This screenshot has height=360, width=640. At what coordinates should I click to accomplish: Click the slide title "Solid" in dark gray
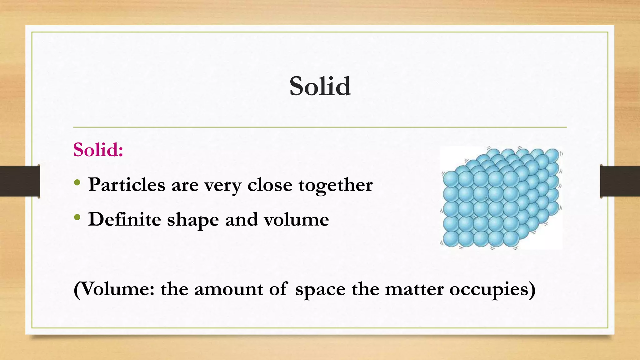320,86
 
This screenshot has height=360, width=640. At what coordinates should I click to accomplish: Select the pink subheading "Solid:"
98,150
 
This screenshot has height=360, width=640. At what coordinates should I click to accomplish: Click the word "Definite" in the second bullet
124,219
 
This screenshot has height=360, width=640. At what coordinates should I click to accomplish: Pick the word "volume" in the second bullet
296,219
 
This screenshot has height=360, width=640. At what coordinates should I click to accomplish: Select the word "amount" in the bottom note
228,289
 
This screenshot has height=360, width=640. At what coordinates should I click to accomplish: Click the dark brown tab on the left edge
20,181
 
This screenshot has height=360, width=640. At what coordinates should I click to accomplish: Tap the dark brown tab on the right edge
620,181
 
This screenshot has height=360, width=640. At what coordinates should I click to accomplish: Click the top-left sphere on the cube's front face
451,179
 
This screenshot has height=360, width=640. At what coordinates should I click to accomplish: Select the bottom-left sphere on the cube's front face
451,239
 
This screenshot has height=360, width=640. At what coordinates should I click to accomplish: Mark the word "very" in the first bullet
223,185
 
